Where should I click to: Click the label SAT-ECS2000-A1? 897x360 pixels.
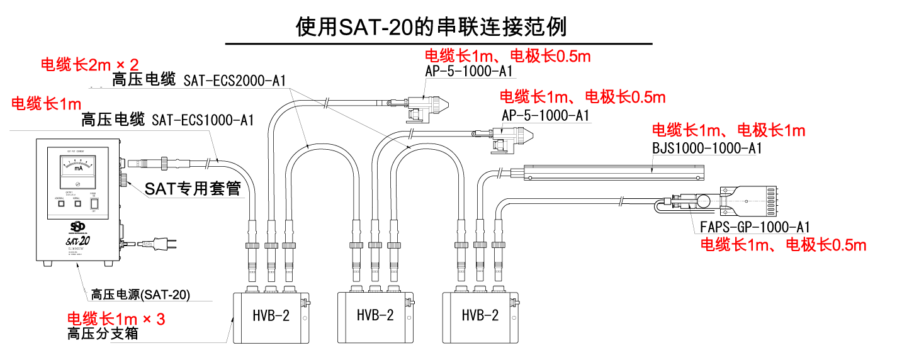coord(235,81)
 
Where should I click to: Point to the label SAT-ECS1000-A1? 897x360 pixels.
coord(203,120)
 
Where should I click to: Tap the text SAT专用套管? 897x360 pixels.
coord(193,188)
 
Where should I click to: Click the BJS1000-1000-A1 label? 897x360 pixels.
coord(707,149)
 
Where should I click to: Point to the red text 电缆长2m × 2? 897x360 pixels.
coord(89,64)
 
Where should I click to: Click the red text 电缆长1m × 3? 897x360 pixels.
coord(116,319)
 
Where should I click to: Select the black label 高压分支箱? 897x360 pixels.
coord(103,334)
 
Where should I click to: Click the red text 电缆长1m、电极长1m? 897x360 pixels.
coord(728,131)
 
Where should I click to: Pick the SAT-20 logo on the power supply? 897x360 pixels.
coord(76,240)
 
